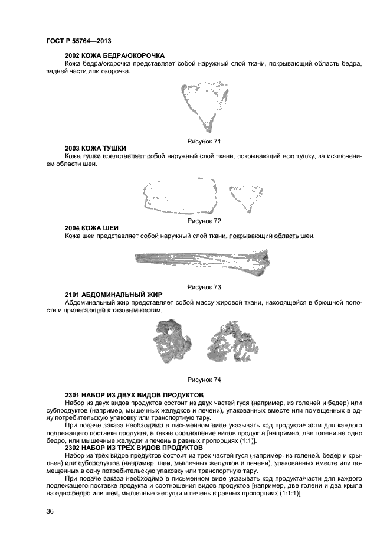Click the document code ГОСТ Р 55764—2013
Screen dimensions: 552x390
(x=78, y=41)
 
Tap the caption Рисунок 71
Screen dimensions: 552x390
(x=204, y=141)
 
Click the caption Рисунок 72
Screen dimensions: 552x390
(x=204, y=221)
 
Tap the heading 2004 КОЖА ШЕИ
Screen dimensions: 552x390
(x=91, y=228)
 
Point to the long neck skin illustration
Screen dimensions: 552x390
(x=202, y=260)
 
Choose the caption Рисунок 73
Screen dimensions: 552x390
(x=204, y=287)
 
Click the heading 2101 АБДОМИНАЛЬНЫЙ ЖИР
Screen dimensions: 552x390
(x=113, y=294)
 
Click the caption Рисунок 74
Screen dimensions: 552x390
(x=204, y=379)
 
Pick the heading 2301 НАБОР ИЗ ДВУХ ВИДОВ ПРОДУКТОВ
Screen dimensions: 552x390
(x=135, y=394)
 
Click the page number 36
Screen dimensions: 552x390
(x=50, y=511)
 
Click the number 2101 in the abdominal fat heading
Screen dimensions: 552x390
(x=73, y=294)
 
